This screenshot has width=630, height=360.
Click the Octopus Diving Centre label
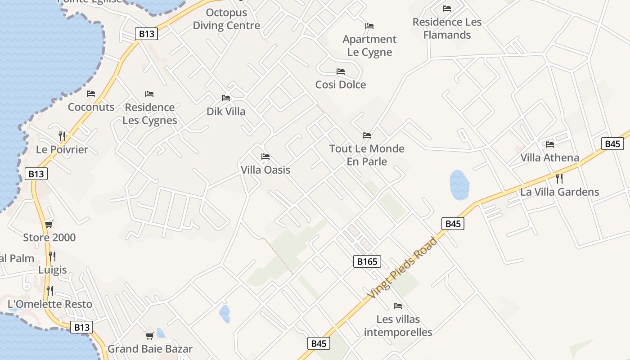(226, 19)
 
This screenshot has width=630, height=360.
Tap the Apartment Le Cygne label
(369, 45)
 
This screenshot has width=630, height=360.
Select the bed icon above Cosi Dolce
(341, 72)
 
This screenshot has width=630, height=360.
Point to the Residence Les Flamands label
(447, 28)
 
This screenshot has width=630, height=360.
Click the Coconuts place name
(91, 107)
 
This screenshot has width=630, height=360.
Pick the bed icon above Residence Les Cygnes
(149, 94)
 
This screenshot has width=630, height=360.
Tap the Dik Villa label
(226, 111)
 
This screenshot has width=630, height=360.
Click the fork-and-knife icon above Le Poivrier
(62, 136)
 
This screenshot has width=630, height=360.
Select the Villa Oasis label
(265, 170)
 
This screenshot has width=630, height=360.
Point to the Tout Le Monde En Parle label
(367, 155)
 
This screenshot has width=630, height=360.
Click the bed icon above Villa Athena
(550, 144)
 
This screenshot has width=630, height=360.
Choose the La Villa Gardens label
(559, 192)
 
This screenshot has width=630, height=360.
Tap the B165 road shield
(367, 261)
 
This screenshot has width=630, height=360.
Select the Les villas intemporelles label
(398, 326)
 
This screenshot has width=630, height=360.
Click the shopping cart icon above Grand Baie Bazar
(150, 336)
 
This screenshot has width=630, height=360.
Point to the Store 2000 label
(49, 237)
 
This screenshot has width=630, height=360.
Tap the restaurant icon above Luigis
(52, 256)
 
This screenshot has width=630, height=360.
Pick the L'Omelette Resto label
(50, 304)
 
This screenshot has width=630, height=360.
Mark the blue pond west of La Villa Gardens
(459, 184)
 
